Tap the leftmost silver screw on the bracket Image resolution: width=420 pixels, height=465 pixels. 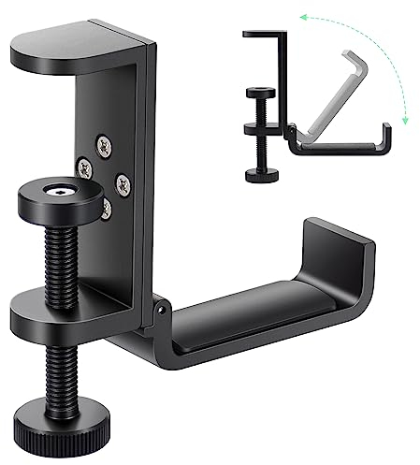(85, 166)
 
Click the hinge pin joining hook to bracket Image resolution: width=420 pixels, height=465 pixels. (162, 307)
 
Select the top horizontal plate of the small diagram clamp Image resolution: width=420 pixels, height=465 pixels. (266, 35)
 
